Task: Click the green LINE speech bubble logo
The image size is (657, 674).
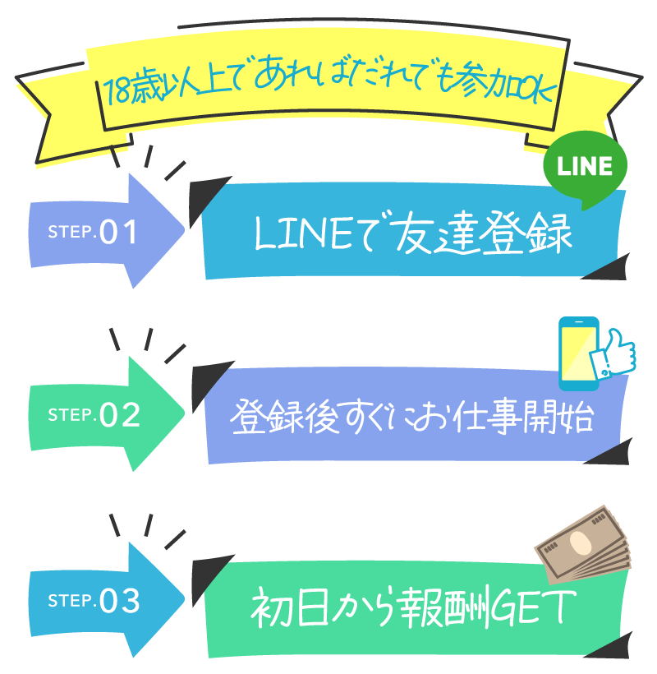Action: pyautogui.click(x=586, y=168)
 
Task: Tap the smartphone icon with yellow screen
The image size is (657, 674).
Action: pyautogui.click(x=578, y=353)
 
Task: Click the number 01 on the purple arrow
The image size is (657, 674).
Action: pyautogui.click(x=119, y=233)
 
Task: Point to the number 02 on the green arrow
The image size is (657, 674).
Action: pyautogui.click(x=120, y=416)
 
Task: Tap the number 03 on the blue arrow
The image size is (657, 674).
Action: pyautogui.click(x=120, y=602)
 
